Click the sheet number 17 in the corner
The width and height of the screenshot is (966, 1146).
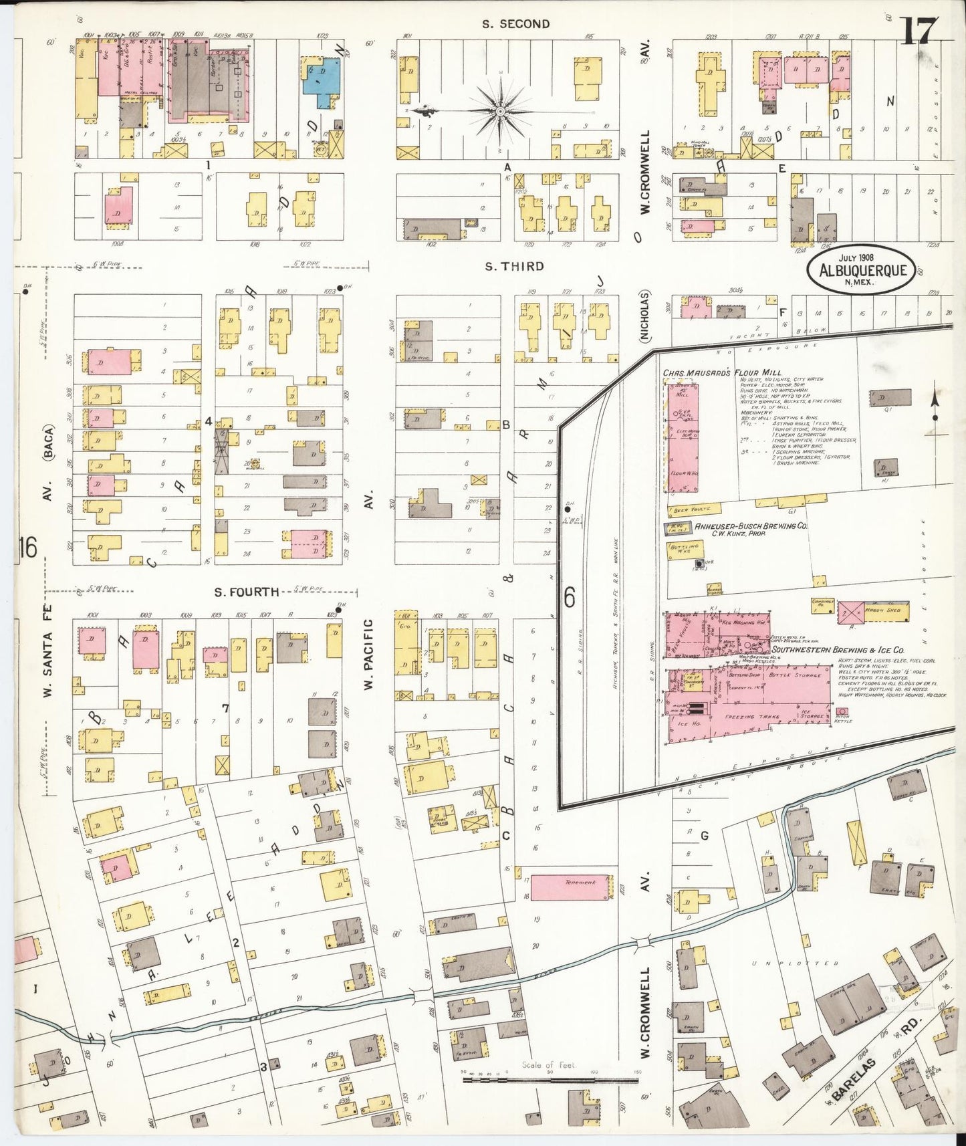click(922, 30)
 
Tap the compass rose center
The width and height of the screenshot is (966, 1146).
click(500, 111)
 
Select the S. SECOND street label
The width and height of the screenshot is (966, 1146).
click(516, 24)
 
